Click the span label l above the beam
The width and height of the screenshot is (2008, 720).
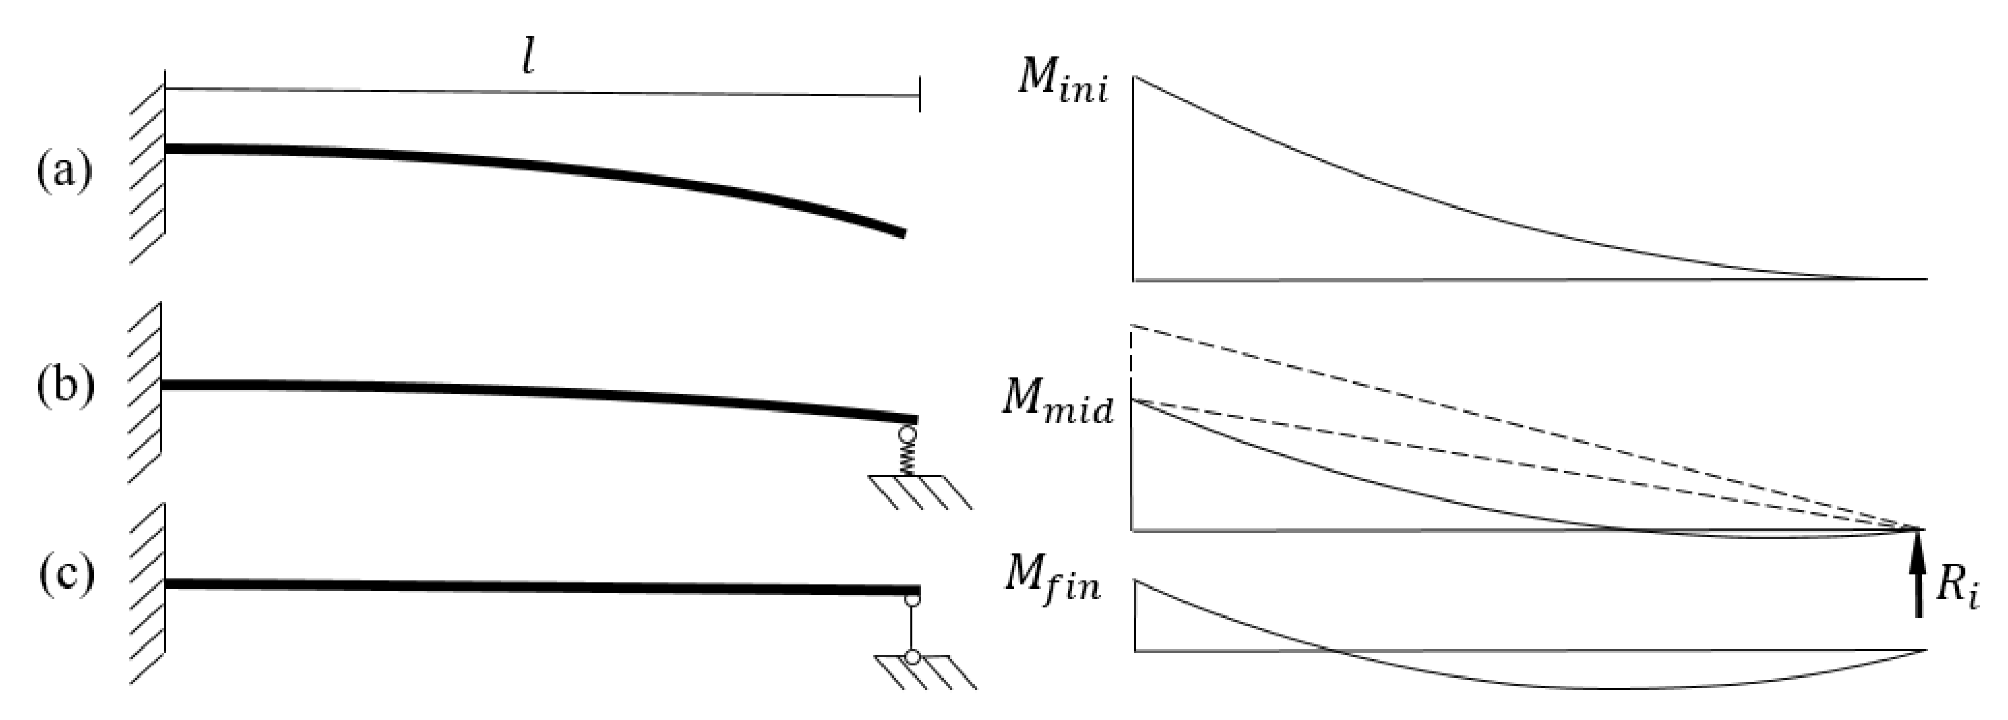(x=528, y=58)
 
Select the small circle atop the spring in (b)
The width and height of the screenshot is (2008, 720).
(x=907, y=434)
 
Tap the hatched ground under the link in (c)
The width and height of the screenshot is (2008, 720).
(x=924, y=672)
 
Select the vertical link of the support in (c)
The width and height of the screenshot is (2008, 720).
(x=911, y=628)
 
